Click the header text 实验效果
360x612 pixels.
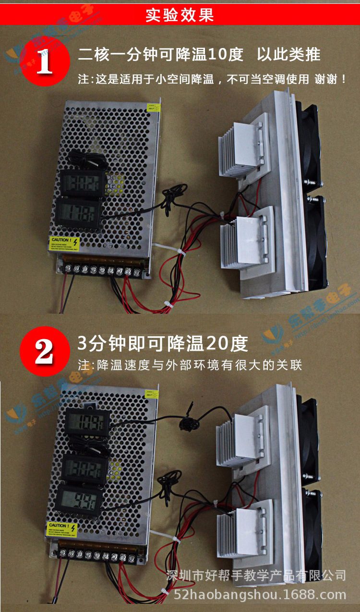(180, 15)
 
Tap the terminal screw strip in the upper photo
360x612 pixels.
(101, 270)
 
